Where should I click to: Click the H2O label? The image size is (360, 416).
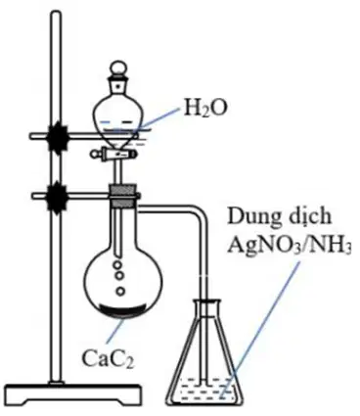[204, 108]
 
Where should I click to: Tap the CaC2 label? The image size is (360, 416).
[108, 358]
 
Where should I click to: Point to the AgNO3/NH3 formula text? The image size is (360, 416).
[289, 244]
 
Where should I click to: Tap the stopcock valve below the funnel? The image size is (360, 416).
[112, 153]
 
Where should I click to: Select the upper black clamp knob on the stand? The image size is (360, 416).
[58, 136]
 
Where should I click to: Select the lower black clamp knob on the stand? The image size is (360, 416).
[58, 196]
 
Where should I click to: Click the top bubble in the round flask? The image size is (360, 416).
[118, 264]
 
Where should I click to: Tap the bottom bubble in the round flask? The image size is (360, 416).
[120, 291]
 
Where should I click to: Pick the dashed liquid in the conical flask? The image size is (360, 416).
[205, 390]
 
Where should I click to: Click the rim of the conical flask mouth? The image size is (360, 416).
[206, 301]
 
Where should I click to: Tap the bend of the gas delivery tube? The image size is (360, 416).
[200, 211]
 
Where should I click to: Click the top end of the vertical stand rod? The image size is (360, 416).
[57, 14]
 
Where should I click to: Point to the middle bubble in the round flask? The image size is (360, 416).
[119, 276]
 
